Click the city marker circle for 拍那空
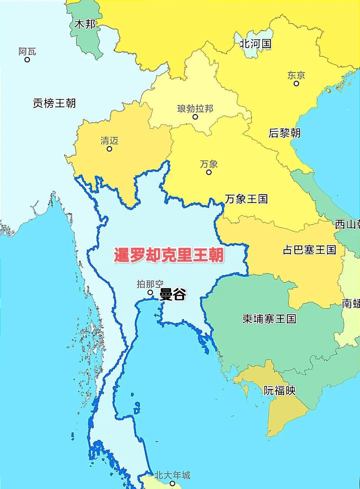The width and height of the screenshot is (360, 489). (x=150, y=293)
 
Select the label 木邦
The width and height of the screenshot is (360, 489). (x=85, y=24)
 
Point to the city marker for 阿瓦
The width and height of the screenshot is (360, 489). (x=27, y=60)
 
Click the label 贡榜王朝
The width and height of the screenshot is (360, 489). (x=54, y=103)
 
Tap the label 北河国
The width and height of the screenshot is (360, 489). (x=256, y=44)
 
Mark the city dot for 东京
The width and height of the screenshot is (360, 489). (x=296, y=83)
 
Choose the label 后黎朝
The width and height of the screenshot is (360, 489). (x=285, y=133)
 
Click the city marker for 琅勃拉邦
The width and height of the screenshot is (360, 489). (x=195, y=117)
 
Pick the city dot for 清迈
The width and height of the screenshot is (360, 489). (x=109, y=149)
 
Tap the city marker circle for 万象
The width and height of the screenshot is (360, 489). (x=209, y=172)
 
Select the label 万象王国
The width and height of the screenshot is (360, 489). (x=246, y=199)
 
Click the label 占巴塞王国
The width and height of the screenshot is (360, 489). (x=309, y=250)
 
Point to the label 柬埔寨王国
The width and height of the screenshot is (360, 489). (x=269, y=319)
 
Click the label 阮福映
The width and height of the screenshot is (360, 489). (x=280, y=390)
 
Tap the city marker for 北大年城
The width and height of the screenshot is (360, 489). (x=172, y=483)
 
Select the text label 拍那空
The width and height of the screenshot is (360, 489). (x=150, y=284)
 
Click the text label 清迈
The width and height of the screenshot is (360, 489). (x=109, y=141)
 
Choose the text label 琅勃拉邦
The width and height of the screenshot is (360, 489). (x=195, y=109)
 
